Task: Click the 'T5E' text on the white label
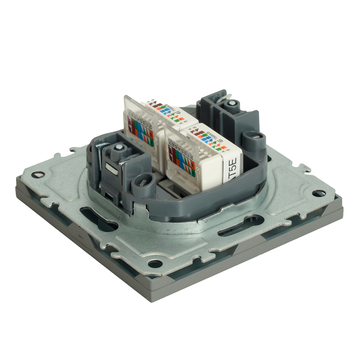click(x=233, y=169)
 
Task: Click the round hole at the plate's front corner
click(x=155, y=264)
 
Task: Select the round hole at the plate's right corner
click(x=319, y=193)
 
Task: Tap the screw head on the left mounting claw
click(x=117, y=149)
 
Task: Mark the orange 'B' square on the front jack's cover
click(x=193, y=166)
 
